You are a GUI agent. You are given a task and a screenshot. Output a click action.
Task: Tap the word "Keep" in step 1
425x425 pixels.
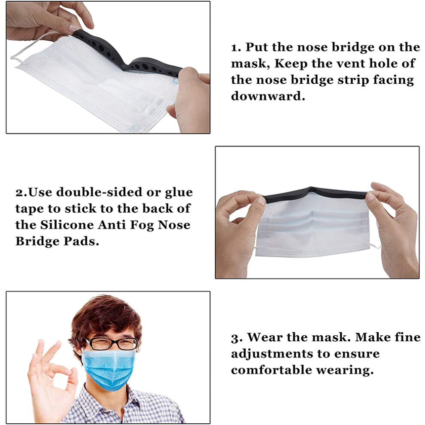click(291, 64)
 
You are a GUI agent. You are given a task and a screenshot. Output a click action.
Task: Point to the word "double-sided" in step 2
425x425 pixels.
click(99, 192)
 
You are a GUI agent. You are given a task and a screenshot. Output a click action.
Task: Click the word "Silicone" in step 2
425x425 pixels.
click(67, 225)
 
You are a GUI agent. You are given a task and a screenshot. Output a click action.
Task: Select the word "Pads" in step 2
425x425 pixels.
click(81, 241)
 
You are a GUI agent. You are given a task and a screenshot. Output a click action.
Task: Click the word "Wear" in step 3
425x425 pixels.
click(265, 337)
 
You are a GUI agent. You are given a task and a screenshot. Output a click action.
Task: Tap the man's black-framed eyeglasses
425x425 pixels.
click(112, 344)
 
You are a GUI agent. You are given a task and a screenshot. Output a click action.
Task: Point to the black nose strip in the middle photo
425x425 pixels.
click(314, 193)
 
